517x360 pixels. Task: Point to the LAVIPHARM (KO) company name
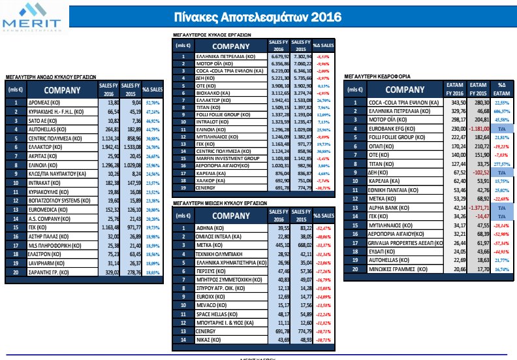[45, 263]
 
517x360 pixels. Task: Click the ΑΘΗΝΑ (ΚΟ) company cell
[208, 228]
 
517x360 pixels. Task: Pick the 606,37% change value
[501, 111]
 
